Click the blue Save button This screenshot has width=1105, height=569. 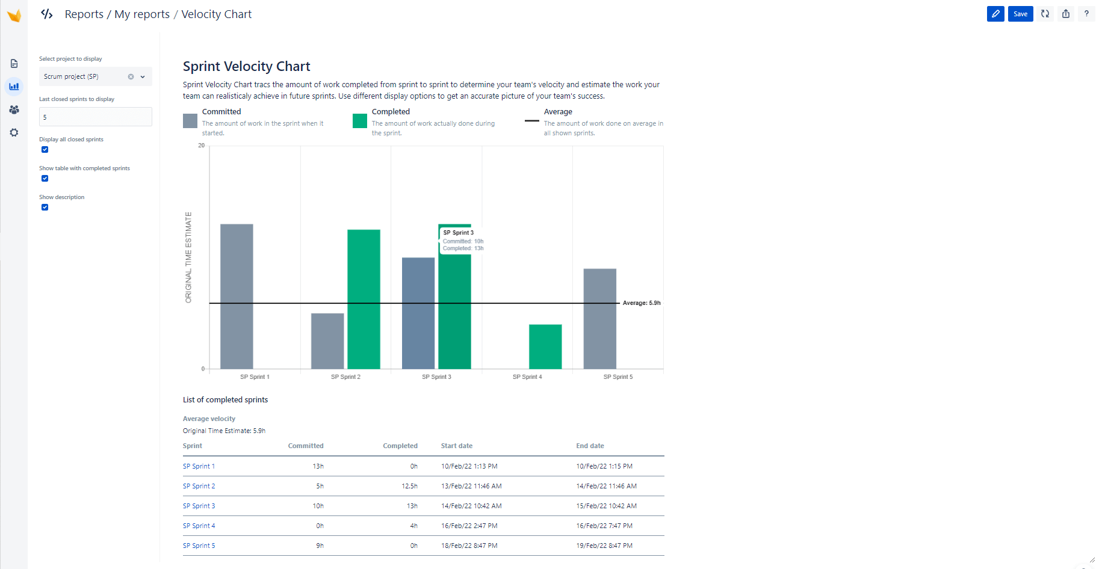[1020, 14]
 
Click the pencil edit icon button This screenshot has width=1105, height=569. [995, 14]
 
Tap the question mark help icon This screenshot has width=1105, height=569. [1086, 14]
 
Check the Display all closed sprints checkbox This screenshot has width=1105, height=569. [45, 150]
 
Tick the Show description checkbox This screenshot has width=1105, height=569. [45, 208]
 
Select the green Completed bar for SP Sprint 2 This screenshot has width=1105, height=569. [364, 299]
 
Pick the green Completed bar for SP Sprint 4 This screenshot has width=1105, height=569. [545, 346]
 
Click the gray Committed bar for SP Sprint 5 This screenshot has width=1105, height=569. [599, 319]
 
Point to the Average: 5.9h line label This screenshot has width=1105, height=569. [641, 303]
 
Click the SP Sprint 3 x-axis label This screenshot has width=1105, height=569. [436, 377]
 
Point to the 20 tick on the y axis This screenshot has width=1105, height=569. [201, 146]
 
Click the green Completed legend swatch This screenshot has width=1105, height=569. [359, 121]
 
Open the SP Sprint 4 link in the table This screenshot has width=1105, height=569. [199, 526]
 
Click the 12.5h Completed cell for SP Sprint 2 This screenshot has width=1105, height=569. [409, 486]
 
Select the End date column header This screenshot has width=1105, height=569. [590, 446]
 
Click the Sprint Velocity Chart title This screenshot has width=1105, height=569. [246, 66]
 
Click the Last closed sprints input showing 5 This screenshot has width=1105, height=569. [95, 117]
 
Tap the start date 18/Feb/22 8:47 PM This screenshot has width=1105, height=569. [469, 546]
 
